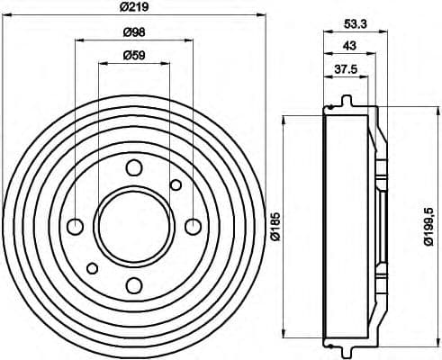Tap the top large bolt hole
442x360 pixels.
134,166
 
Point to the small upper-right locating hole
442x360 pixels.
176,184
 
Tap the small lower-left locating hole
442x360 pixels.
92,266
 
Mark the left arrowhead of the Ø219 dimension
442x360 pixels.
5,14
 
